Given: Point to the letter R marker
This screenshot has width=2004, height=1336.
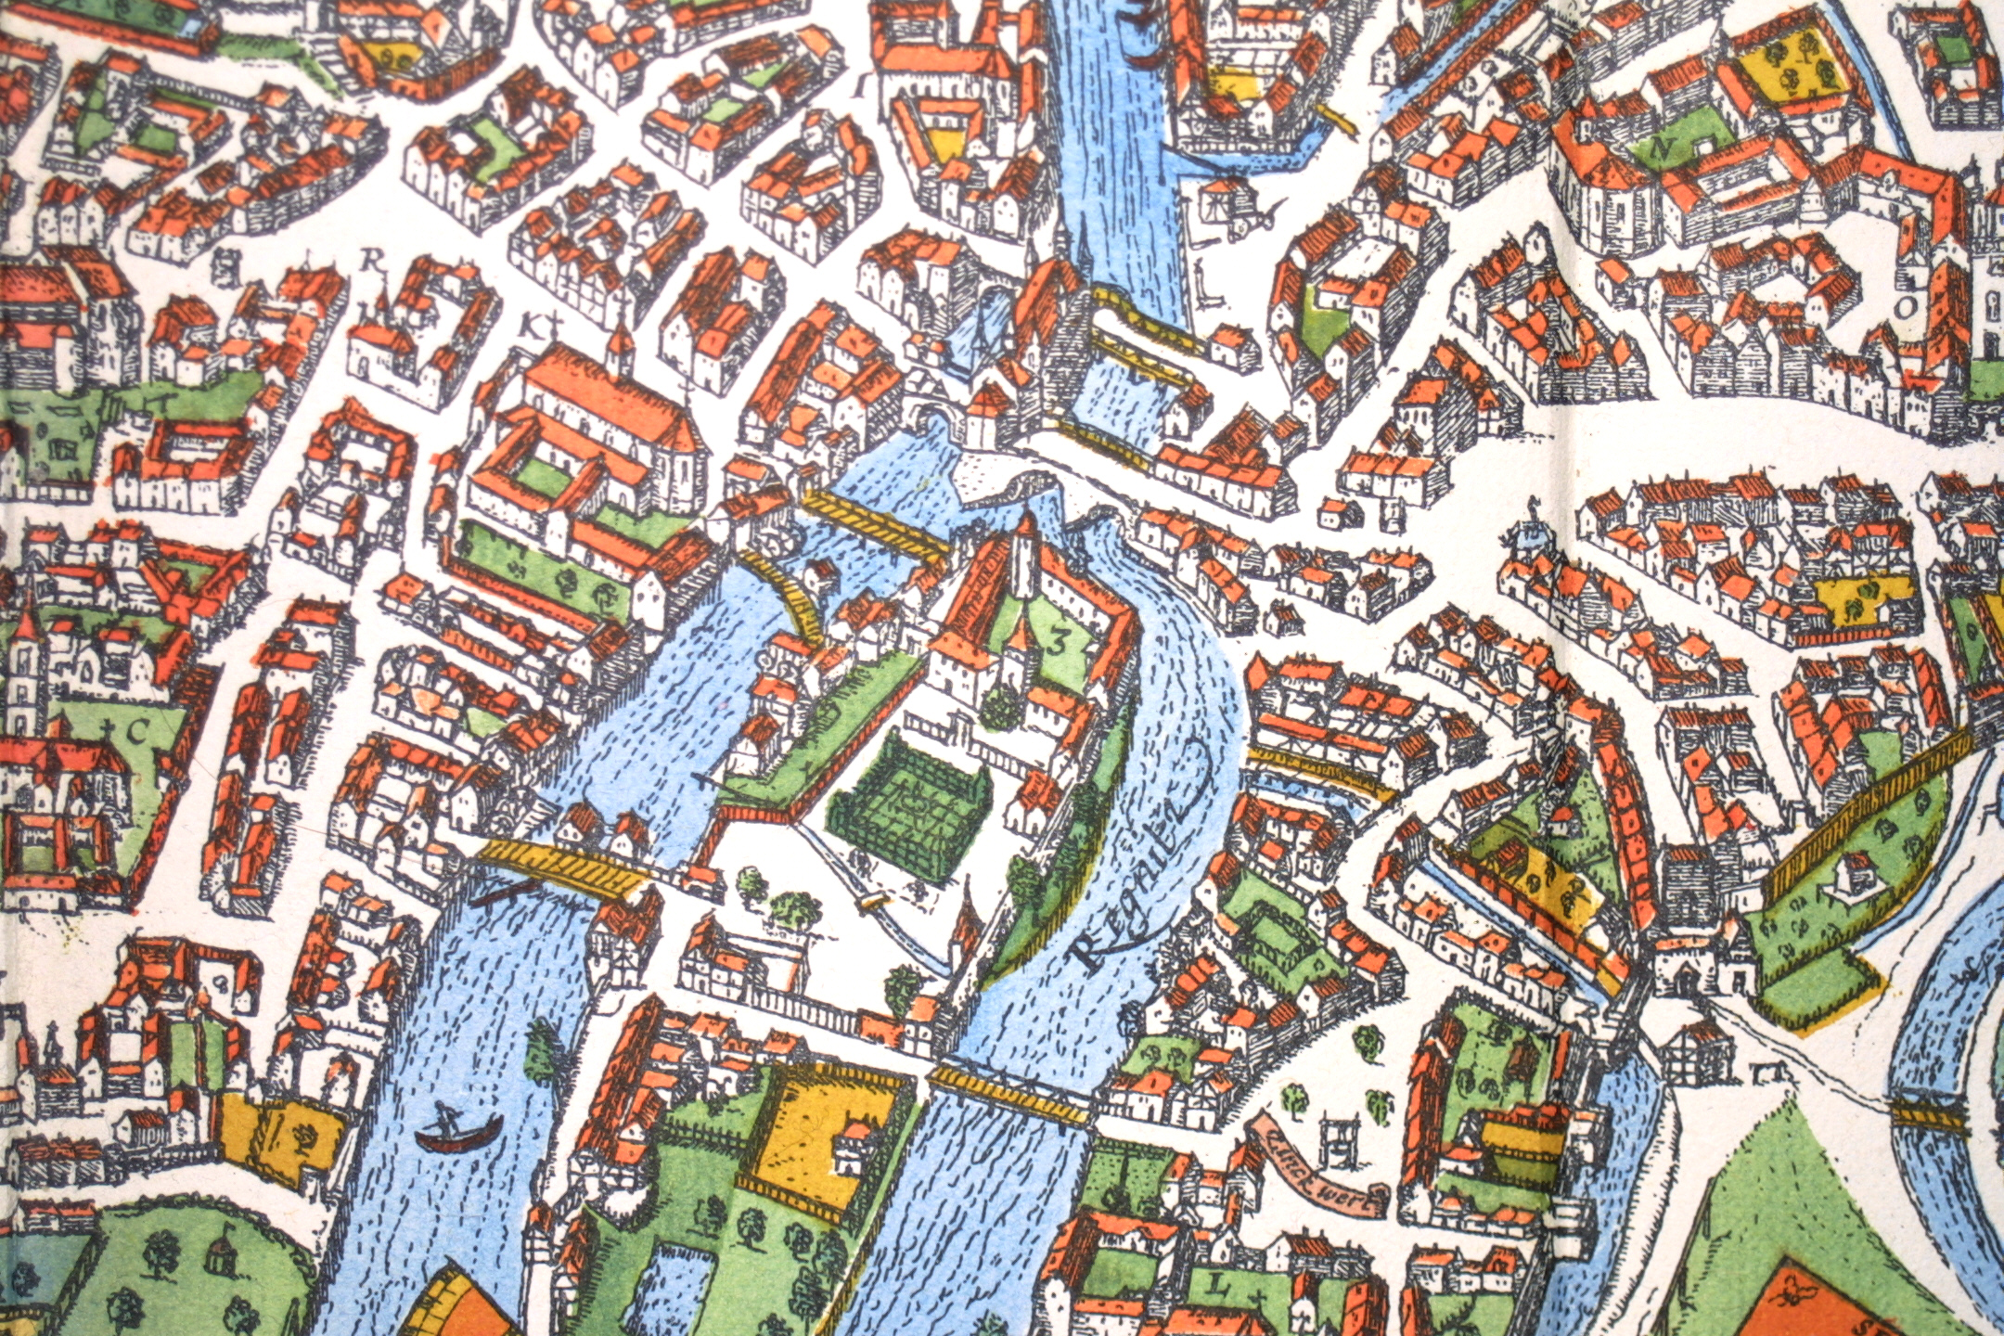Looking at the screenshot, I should pyautogui.click(x=372, y=261).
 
